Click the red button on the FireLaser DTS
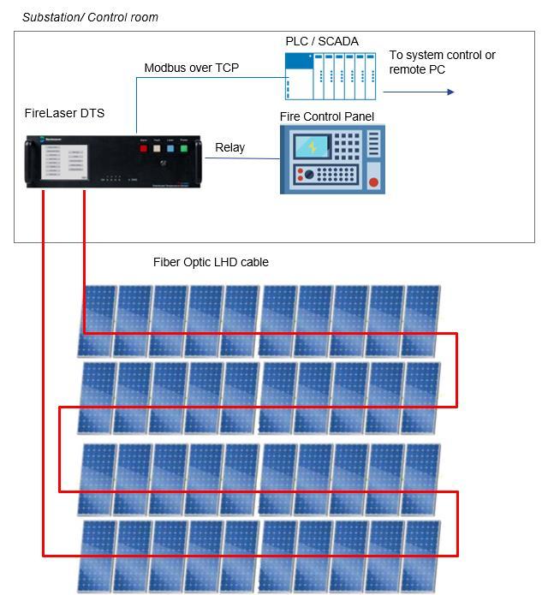[x=144, y=147]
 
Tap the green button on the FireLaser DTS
[x=183, y=147]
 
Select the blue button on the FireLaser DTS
[x=170, y=147]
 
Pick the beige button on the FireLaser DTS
[x=158, y=147]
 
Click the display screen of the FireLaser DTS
[x=65, y=161]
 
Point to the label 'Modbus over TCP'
[x=191, y=68]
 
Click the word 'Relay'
[x=229, y=147]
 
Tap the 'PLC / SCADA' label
[x=321, y=41]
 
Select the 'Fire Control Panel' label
[x=326, y=116]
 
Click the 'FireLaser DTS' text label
[x=64, y=113]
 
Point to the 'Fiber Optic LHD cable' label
[x=211, y=262]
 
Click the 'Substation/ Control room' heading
[x=90, y=17]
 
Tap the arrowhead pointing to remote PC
[x=450, y=92]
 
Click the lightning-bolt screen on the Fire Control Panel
[x=312, y=146]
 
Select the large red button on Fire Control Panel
[x=372, y=181]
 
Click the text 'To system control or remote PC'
[x=442, y=62]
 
